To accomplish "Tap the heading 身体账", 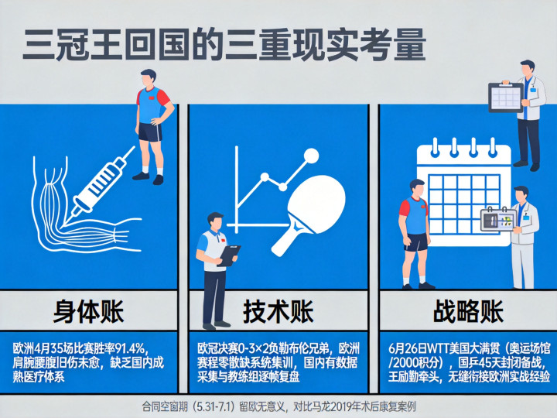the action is click(88, 311).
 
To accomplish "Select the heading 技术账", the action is click(278, 311).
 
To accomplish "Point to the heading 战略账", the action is click(468, 311).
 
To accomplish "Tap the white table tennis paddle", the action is click(309, 214).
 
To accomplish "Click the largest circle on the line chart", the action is click(312, 156).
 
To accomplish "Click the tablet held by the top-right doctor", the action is click(506, 98).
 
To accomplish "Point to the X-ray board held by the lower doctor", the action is click(498, 219).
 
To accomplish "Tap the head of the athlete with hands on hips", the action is click(148, 78).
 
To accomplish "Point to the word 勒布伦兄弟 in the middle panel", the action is click(303, 348).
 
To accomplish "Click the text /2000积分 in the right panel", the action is click(415, 362).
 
